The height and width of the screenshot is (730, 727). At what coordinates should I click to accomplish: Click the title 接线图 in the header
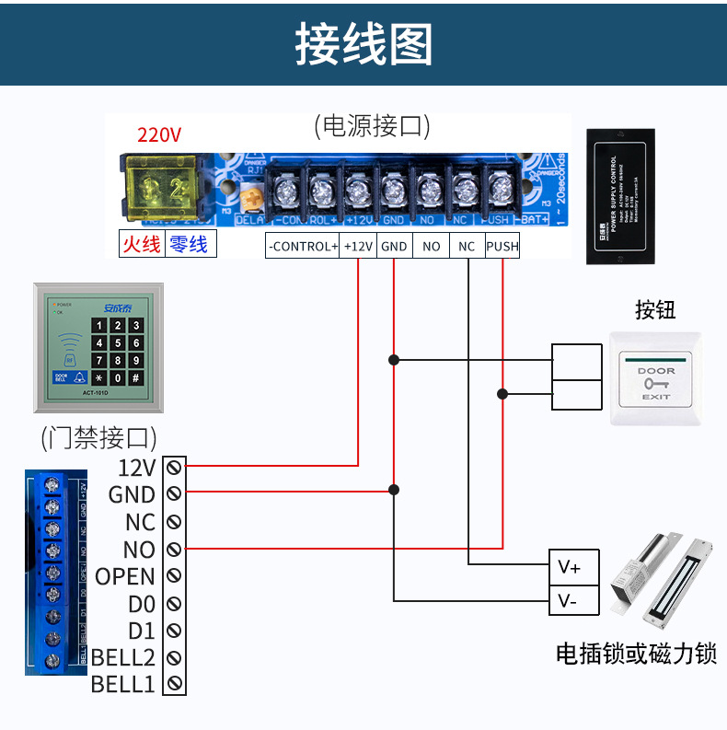(363, 43)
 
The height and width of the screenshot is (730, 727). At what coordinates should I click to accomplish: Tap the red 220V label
(159, 134)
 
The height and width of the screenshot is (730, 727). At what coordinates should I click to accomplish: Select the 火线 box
(142, 244)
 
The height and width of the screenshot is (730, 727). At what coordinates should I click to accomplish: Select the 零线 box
(190, 244)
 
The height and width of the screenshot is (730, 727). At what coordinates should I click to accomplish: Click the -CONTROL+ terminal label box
(303, 246)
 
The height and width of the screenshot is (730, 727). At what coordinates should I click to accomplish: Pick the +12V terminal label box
(358, 246)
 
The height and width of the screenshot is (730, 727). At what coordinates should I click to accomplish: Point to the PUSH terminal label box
(502, 246)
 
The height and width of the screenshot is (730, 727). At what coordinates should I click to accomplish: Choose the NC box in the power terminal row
(467, 246)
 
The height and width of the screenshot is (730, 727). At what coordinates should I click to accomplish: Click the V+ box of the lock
(570, 567)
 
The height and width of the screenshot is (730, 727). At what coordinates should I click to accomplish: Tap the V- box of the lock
(570, 602)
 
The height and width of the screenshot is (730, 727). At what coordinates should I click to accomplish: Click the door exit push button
(655, 378)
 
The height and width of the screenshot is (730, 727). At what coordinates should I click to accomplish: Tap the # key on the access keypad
(135, 377)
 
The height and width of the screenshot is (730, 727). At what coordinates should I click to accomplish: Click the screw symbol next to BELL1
(174, 685)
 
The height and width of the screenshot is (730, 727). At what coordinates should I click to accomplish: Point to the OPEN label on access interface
(125, 576)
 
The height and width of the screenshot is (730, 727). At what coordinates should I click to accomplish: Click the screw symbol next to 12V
(174, 467)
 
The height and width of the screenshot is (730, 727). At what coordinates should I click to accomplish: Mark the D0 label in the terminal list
(142, 604)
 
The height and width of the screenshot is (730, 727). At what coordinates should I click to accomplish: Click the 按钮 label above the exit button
(654, 309)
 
